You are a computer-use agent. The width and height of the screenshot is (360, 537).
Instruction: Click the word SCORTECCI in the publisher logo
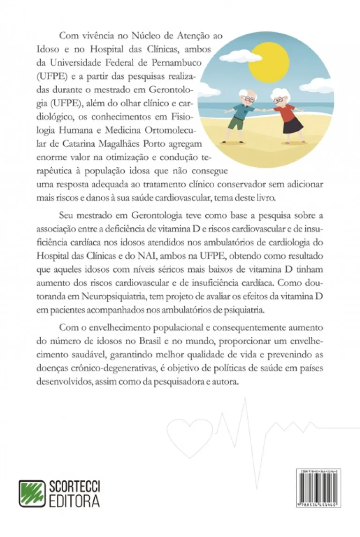[75, 487]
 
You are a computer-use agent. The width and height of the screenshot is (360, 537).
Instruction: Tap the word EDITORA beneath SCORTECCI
[75, 501]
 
